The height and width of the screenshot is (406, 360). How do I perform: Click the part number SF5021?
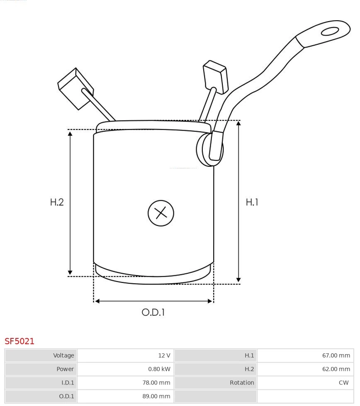click(x=19, y=341)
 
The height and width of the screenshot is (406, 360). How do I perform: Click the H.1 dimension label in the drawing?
click(x=252, y=202)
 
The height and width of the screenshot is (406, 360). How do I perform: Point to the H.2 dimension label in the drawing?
click(x=57, y=202)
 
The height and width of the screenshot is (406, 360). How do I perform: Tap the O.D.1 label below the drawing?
click(x=153, y=312)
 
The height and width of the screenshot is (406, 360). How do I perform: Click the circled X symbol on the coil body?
click(x=161, y=213)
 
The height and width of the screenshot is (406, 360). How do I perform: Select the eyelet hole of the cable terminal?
click(x=330, y=32)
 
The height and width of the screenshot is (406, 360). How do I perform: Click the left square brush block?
click(x=75, y=88)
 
